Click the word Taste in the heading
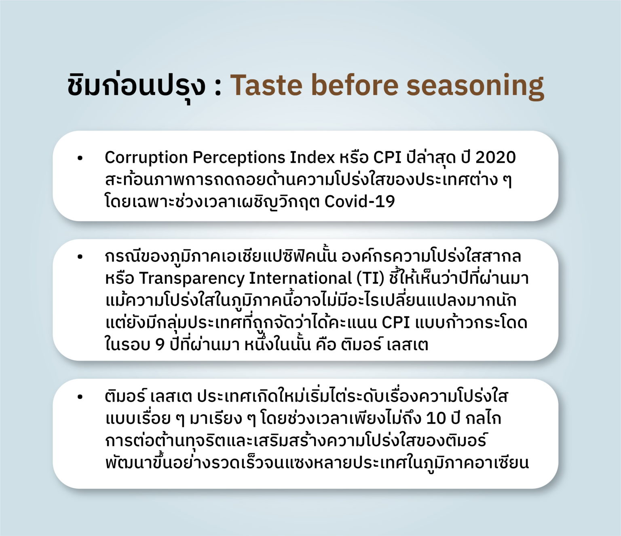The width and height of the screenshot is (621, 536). coord(266,85)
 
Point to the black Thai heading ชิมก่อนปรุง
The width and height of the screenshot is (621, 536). coord(137,86)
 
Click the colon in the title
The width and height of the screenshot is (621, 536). coord(218,88)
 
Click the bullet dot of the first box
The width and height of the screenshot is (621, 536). coord(80,158)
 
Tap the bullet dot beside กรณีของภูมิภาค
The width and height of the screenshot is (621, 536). coord(80,257)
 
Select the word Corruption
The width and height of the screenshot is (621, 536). coord(146,158)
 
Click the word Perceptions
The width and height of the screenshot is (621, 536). coord(239,158)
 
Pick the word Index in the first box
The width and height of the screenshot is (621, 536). coord(312,157)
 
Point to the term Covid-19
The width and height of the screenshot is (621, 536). coord(359,201)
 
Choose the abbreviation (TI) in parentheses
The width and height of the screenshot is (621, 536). coord(371,279)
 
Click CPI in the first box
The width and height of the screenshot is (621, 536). coord(387,157)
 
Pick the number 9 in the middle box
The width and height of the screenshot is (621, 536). coord(161,345)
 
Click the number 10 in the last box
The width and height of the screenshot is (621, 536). coord(436,418)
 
